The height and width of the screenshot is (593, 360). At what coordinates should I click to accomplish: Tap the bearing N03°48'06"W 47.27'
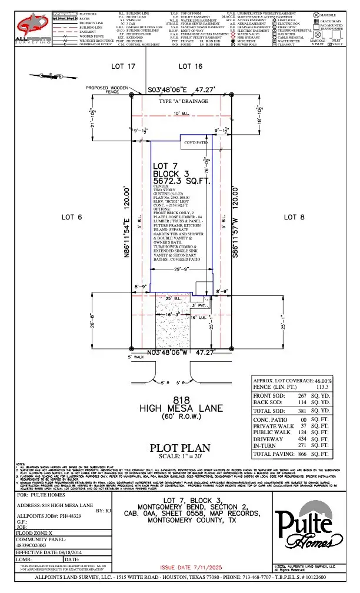180,353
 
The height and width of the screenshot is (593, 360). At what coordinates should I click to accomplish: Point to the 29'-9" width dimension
181,268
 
